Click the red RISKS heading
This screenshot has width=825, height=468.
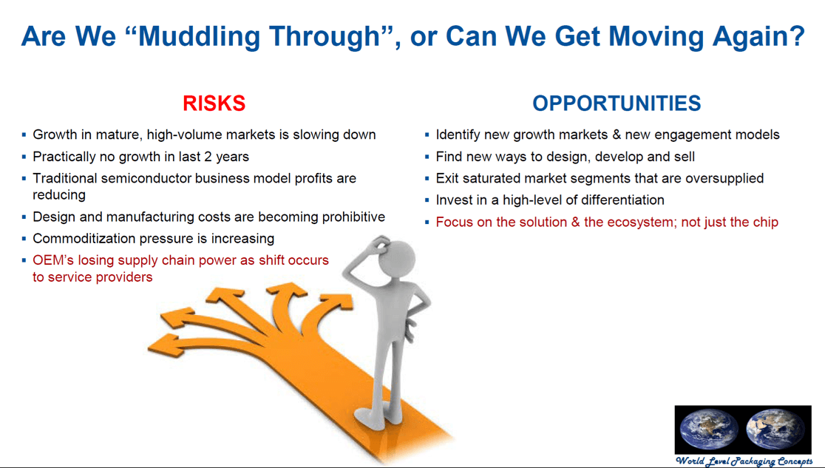pos(214,104)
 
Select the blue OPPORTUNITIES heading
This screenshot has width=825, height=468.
pos(617,104)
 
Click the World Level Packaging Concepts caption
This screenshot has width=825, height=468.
pos(744,461)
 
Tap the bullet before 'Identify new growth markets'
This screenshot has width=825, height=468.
pos(427,135)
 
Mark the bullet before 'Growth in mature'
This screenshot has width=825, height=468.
pos(24,135)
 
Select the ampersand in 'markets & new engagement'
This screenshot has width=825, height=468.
pos(617,135)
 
